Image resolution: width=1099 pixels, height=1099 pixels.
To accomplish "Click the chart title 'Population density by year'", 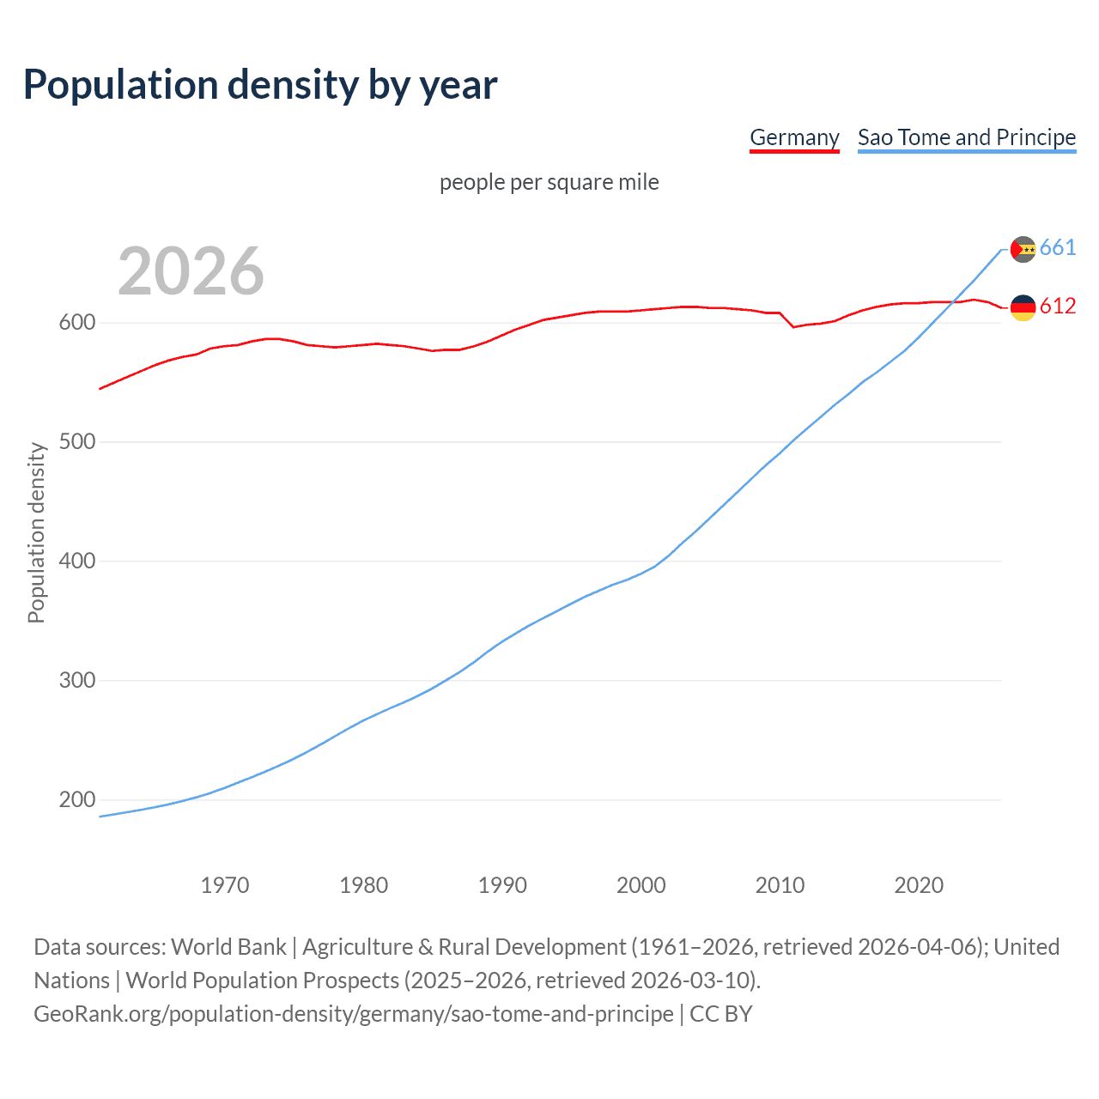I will click(x=260, y=85).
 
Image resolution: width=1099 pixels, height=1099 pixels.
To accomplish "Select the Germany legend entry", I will click(x=794, y=137).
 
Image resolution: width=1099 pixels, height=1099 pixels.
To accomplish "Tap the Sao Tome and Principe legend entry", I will click(x=967, y=137).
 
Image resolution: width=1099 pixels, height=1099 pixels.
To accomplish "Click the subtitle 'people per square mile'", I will click(x=549, y=183).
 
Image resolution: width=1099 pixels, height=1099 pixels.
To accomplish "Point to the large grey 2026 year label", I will click(x=191, y=271).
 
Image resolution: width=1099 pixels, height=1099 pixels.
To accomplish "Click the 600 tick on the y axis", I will click(x=76, y=323).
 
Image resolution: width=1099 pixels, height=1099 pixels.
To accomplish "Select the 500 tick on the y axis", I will click(x=76, y=442).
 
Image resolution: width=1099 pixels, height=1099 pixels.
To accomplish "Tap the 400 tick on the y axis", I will click(x=76, y=562).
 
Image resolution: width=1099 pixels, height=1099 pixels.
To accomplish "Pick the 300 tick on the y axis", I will click(x=76, y=681).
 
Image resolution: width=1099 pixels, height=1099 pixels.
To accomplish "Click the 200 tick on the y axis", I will click(x=76, y=800).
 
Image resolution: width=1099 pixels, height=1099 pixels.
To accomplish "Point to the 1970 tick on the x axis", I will click(x=225, y=885).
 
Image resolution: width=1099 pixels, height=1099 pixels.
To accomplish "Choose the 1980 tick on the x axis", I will click(x=363, y=885).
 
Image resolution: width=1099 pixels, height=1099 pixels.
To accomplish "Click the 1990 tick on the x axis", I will click(x=502, y=885).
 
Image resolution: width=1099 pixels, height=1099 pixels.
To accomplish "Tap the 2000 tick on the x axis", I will click(x=641, y=885).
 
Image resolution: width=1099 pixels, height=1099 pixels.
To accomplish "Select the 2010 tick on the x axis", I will click(x=780, y=885).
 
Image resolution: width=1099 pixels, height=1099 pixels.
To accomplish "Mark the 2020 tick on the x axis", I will click(x=919, y=885).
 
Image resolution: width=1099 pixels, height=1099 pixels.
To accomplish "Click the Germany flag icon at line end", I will click(x=1023, y=307).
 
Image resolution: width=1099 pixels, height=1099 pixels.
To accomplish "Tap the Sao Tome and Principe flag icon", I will click(x=1023, y=249).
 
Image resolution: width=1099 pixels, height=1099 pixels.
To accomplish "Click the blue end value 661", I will click(x=1058, y=248).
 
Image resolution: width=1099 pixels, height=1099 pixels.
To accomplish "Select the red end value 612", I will click(x=1058, y=307).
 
